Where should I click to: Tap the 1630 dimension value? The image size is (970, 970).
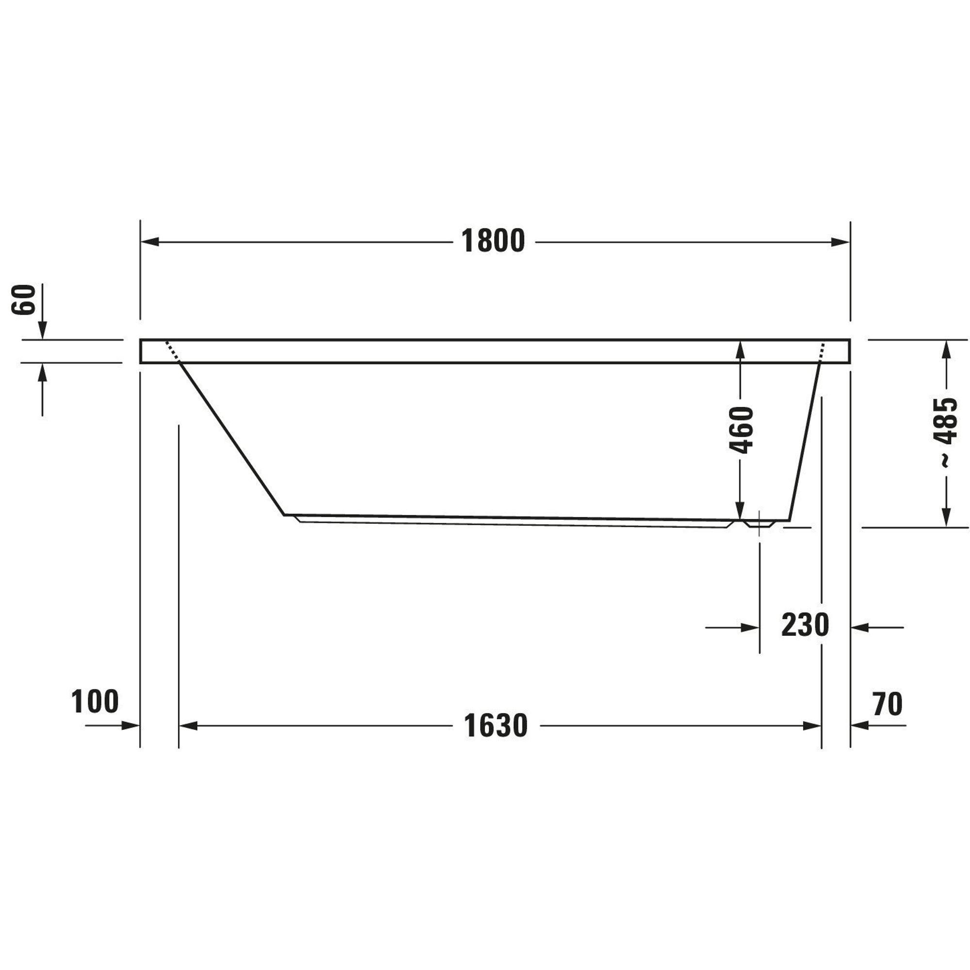click(496, 726)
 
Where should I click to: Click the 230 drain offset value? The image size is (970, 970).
click(805, 625)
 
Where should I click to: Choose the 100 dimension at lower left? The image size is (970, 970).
click(95, 701)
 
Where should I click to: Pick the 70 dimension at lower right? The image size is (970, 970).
click(888, 704)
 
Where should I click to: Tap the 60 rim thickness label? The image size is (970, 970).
click(24, 300)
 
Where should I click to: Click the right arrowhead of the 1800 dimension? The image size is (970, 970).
click(841, 242)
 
